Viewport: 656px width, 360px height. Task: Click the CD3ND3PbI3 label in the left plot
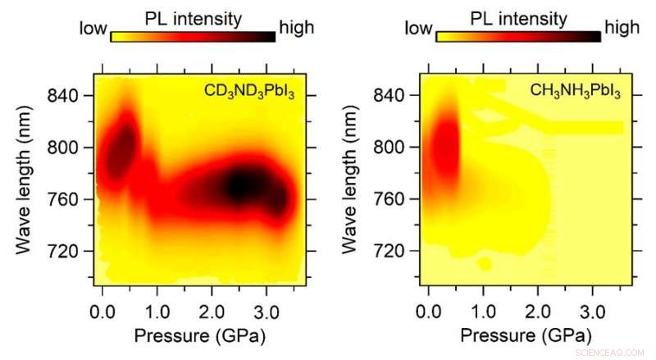pos(249,92)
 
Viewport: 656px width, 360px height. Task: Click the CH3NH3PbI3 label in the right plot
pos(576,92)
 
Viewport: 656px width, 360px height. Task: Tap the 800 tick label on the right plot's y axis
pos(397,148)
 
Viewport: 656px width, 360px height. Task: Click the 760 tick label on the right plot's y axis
pos(397,199)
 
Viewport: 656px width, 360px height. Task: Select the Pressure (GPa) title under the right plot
pos(523,336)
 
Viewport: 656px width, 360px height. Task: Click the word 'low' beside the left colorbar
pos(93,30)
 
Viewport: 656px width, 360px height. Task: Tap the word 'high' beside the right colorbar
pos(622,30)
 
